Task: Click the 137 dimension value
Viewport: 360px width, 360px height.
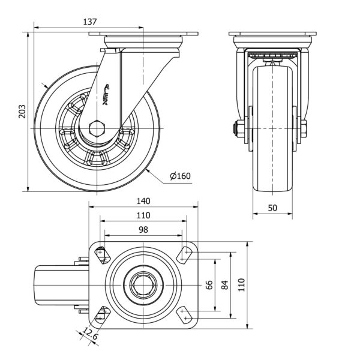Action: click(90, 22)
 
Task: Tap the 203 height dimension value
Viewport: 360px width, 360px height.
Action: click(22, 112)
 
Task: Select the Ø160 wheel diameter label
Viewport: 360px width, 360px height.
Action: click(180, 176)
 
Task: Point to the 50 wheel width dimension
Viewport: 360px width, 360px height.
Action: click(272, 208)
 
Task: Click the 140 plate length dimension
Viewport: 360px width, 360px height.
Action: click(143, 201)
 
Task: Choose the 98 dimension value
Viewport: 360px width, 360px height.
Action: click(143, 229)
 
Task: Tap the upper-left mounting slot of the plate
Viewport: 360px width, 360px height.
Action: click(101, 255)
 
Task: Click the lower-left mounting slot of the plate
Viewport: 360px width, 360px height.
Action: click(101, 314)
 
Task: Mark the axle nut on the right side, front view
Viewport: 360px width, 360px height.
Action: click(303, 128)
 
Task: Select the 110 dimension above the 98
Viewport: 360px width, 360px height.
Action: click(143, 215)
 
